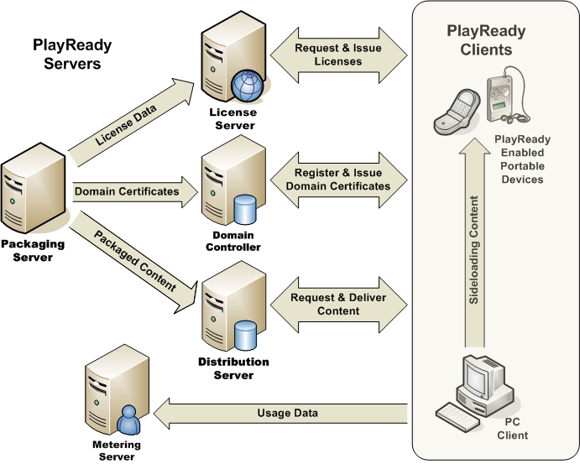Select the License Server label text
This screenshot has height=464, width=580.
coord(233,119)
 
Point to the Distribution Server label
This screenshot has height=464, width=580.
coord(233,368)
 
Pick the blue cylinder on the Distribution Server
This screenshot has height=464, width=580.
coord(246,335)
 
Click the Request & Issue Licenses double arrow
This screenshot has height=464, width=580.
coord(339,55)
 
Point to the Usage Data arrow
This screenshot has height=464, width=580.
coord(285,413)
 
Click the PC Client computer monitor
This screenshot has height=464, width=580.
coord(488,378)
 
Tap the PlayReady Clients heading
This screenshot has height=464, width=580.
coord(486,40)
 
